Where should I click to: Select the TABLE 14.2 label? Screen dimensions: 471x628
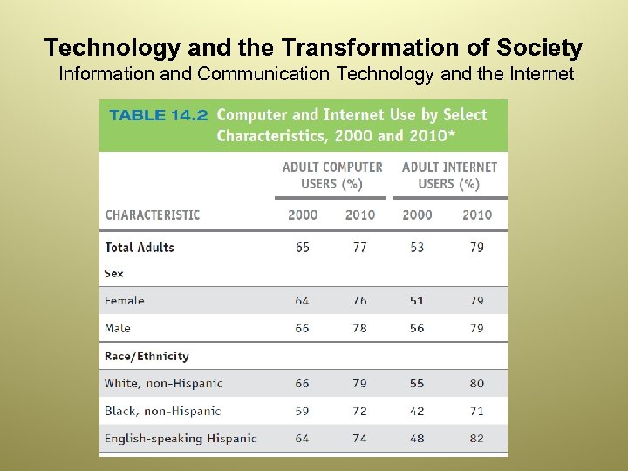(x=157, y=115)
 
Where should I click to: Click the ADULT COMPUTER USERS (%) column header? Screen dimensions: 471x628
(x=332, y=175)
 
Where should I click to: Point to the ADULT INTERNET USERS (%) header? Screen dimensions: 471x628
(x=449, y=175)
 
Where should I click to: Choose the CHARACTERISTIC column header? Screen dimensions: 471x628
(x=153, y=215)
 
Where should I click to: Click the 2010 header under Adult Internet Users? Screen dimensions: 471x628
(x=477, y=215)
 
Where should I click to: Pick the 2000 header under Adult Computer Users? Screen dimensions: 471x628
(x=303, y=215)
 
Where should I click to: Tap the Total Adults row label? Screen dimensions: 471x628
(x=140, y=248)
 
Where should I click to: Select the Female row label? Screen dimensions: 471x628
(x=125, y=301)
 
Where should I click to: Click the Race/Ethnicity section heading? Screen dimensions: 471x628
(x=147, y=356)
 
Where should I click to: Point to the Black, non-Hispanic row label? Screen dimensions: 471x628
(x=162, y=411)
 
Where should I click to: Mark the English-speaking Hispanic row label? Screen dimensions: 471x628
(x=181, y=439)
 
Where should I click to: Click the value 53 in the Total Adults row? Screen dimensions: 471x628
(x=417, y=248)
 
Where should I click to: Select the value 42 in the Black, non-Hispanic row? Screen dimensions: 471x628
(x=417, y=411)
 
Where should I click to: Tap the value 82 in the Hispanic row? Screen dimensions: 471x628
(x=476, y=439)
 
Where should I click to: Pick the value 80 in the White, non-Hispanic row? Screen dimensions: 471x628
(x=476, y=383)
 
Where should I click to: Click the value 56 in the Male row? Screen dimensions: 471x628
(x=417, y=328)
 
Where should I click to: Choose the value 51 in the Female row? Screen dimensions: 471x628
(x=417, y=301)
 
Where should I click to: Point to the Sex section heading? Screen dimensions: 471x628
(x=114, y=273)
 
